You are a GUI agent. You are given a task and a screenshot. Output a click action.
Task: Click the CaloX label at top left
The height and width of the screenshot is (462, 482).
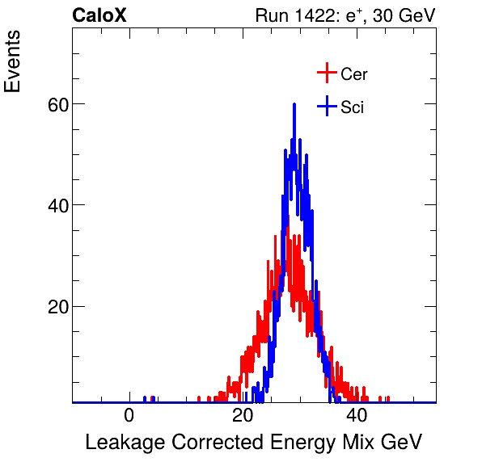click(99, 15)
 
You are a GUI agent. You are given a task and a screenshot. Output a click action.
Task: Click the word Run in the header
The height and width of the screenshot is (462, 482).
click(270, 15)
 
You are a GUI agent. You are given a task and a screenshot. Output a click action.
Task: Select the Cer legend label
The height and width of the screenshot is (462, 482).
click(354, 74)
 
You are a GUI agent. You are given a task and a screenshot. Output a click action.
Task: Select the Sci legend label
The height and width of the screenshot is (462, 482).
click(352, 107)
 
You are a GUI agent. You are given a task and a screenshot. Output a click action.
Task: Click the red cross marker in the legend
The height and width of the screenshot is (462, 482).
click(326, 73)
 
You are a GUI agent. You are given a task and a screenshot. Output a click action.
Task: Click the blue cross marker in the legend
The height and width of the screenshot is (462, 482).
click(326, 106)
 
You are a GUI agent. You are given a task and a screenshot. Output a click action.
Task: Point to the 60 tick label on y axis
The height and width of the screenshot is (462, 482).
click(55, 103)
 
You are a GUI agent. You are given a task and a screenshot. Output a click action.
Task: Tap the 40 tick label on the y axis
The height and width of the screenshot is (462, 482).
click(55, 205)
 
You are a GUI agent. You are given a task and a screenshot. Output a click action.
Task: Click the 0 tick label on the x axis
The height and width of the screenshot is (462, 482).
click(129, 416)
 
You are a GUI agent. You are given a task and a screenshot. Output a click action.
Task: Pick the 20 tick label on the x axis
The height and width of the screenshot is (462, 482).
click(243, 416)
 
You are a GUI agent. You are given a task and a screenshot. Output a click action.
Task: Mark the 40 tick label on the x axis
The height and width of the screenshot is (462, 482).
click(357, 416)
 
